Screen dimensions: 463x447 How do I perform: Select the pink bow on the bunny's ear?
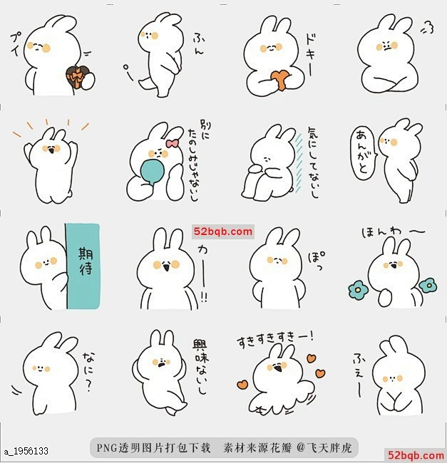tap(172, 142)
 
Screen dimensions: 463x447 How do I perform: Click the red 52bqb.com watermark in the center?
tap(222, 231)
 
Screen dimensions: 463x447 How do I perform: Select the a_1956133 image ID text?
tap(26, 451)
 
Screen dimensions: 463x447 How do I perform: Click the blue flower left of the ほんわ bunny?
tap(356, 288)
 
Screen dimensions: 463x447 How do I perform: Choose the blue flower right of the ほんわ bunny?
tap(428, 286)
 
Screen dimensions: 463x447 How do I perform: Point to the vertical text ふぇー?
tap(358, 372)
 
